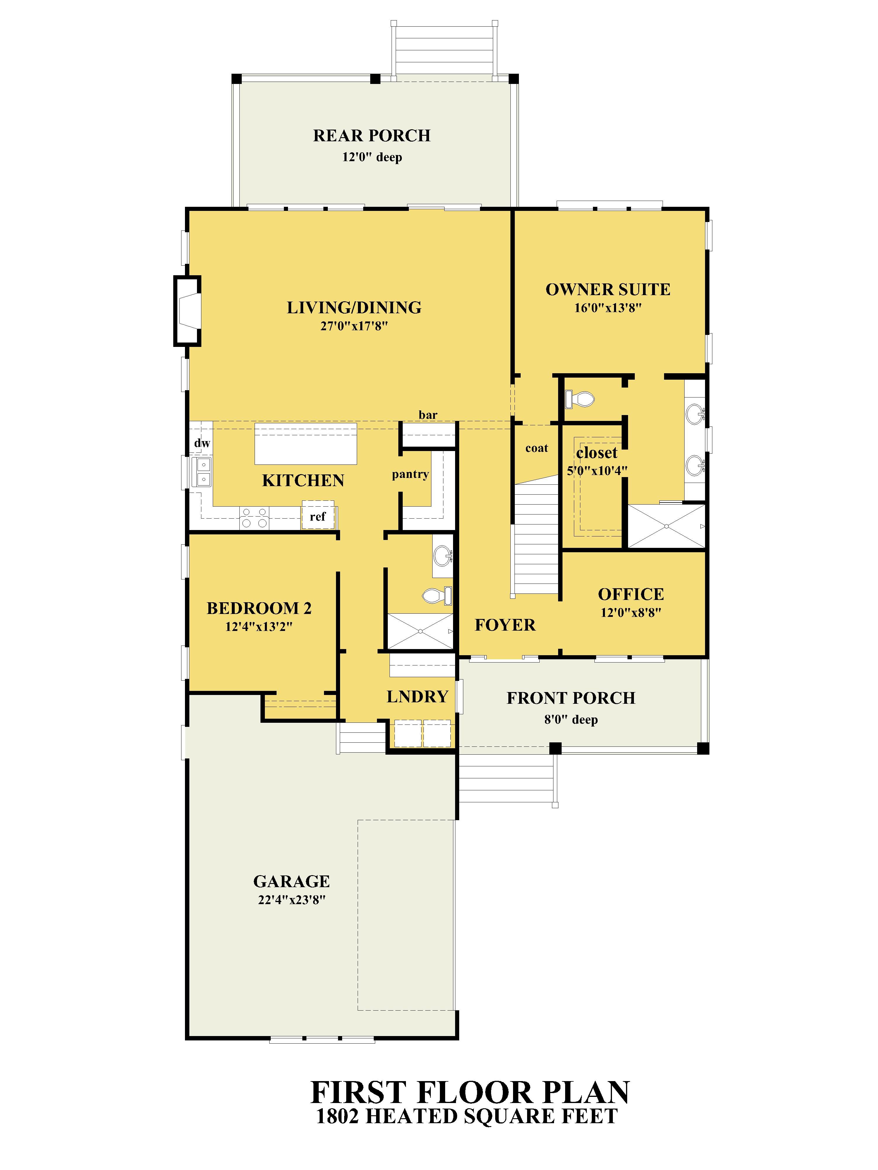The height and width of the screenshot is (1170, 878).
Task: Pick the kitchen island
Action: [x=305, y=443]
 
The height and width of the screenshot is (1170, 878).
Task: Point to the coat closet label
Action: [x=537, y=448]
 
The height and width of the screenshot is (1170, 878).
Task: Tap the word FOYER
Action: [x=505, y=625]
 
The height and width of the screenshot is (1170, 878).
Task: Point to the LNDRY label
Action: [x=417, y=697]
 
